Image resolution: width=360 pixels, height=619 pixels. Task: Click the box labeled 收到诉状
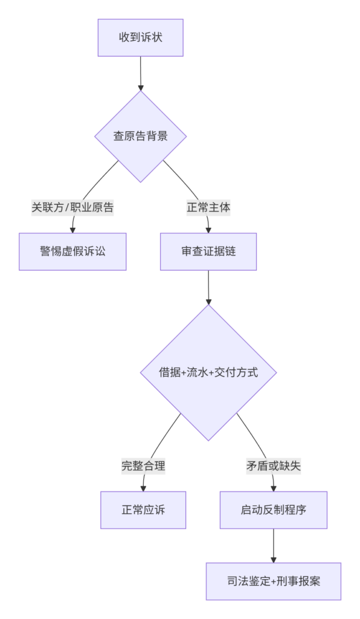point(140,37)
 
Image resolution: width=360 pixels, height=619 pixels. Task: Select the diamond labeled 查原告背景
point(140,136)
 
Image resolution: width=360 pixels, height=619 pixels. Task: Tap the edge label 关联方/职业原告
point(72,207)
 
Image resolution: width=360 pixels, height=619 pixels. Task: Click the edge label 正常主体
point(208,207)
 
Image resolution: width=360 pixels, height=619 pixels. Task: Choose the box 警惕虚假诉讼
point(72,251)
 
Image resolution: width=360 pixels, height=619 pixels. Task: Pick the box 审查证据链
point(208,251)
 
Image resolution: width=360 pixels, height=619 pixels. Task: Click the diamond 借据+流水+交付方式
point(208,372)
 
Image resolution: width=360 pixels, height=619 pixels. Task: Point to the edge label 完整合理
point(143,466)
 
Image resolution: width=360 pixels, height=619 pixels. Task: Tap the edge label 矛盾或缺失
point(274,466)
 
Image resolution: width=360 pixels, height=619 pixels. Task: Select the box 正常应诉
point(143,510)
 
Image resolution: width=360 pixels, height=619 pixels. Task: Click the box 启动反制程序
point(274,510)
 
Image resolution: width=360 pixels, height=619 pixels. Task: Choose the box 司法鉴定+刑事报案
point(274,582)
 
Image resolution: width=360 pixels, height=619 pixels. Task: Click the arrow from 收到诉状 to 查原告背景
point(140,73)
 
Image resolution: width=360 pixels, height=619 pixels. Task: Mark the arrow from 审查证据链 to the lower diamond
point(208,288)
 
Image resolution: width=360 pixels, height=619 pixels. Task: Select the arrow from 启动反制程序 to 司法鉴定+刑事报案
point(274,546)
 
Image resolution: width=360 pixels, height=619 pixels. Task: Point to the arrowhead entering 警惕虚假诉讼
point(72,230)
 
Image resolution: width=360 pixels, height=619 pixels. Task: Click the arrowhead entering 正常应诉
point(143,488)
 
